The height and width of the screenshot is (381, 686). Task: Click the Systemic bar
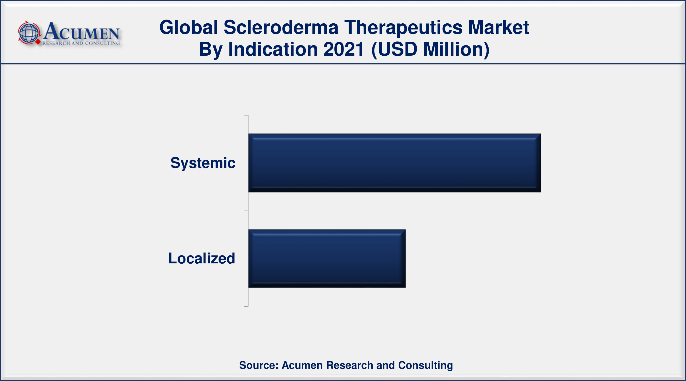[394, 163]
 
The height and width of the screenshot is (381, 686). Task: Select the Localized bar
[327, 258]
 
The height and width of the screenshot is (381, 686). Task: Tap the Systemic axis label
[203, 163]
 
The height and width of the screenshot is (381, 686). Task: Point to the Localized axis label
[201, 258]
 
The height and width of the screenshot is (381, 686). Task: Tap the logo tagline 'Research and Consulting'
[81, 43]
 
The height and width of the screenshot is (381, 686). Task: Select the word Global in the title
[189, 27]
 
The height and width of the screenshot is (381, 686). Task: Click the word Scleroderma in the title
[281, 27]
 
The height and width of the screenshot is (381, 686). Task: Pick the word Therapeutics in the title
[403, 28]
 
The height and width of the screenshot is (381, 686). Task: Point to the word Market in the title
[498, 27]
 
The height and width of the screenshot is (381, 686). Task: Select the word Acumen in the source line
[302, 365]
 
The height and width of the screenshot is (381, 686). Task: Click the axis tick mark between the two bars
[246, 211]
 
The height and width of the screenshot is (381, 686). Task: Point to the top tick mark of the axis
[246, 115]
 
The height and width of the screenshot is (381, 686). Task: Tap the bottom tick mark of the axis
[246, 306]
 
